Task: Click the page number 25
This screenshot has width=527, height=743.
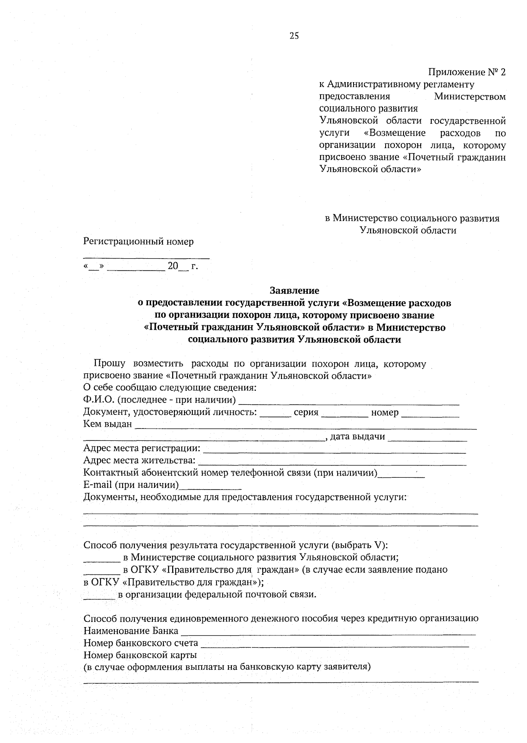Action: pyautogui.click(x=294, y=36)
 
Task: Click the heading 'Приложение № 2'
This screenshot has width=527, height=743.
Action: pyautogui.click(x=467, y=72)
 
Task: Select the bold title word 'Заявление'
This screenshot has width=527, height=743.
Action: pyautogui.click(x=294, y=291)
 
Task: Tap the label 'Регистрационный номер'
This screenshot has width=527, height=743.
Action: pyautogui.click(x=138, y=242)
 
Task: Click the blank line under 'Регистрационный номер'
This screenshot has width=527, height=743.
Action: pyautogui.click(x=146, y=256)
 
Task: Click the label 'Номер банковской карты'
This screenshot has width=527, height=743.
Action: pyautogui.click(x=140, y=655)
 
